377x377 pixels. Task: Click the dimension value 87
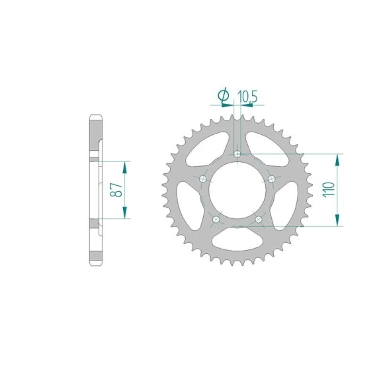116,190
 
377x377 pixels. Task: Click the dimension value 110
329,190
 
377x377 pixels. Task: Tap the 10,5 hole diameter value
247,97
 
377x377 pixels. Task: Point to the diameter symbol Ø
223,95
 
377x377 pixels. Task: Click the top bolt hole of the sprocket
237,153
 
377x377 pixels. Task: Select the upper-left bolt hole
203,179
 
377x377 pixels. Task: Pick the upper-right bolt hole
272,179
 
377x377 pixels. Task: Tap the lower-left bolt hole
216,220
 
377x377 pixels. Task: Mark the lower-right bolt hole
259,220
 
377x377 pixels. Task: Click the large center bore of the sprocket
237,190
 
